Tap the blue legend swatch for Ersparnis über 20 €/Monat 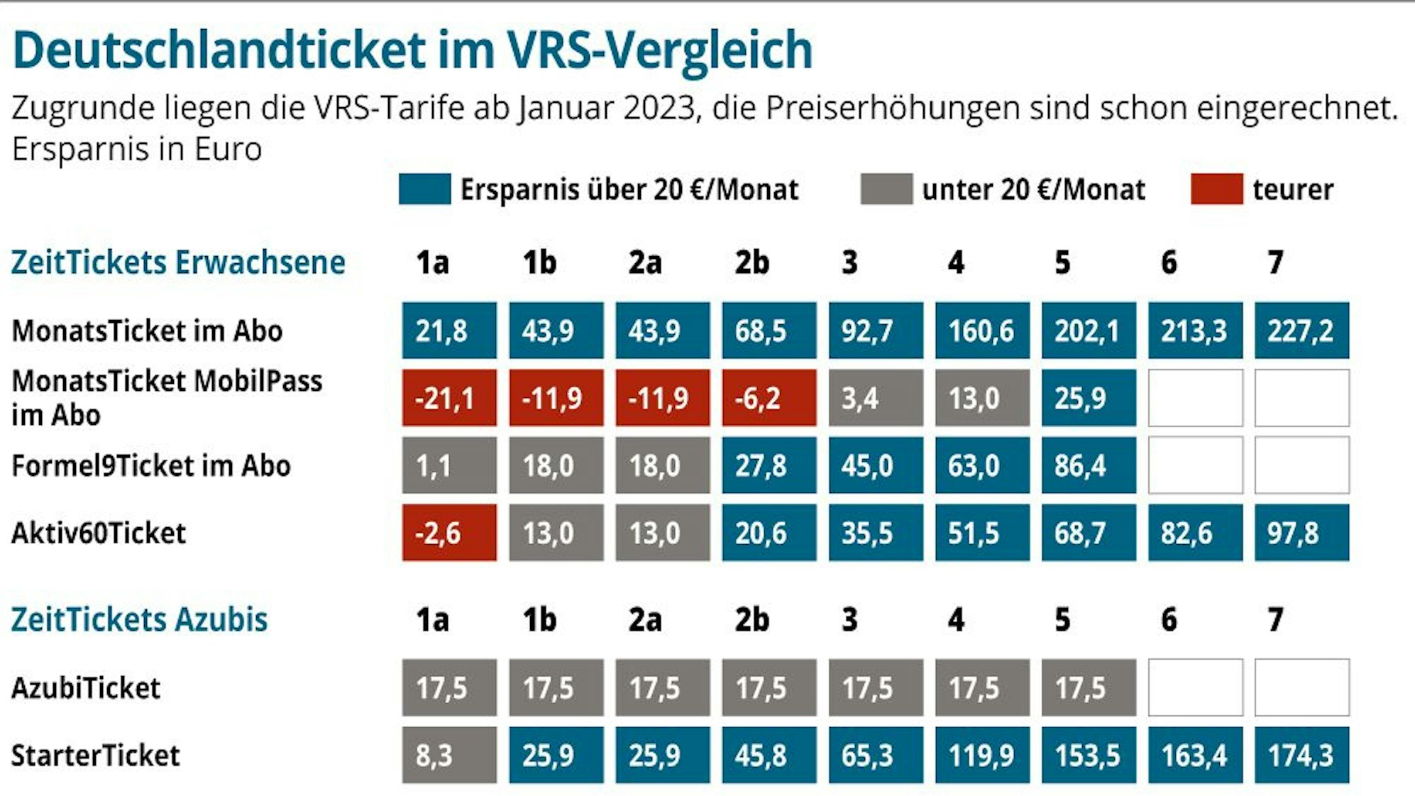[424, 189]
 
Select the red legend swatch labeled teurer [1216, 189]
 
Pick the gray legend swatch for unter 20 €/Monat [886, 189]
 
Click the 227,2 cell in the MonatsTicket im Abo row [1301, 331]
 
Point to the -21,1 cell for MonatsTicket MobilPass [449, 398]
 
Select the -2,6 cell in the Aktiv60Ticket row [449, 533]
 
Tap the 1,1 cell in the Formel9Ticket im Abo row [449, 465]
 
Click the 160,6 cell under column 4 [982, 331]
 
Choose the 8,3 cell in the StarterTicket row [449, 755]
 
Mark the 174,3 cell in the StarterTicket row [1301, 755]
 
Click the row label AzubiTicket [86, 688]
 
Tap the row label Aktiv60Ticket [99, 533]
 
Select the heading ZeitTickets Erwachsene [178, 262]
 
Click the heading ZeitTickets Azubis [139, 619]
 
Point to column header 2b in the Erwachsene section [751, 262]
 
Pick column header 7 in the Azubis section [1275, 619]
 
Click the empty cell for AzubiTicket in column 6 [1195, 687]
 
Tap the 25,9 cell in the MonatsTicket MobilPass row [1089, 398]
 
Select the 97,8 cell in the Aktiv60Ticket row [1301, 533]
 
